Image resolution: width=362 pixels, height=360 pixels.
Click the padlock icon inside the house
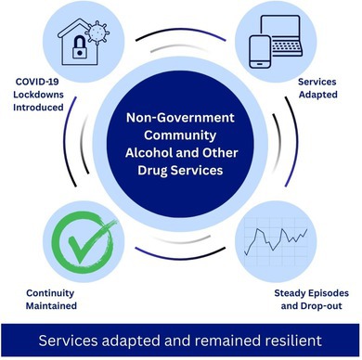coord(80,47)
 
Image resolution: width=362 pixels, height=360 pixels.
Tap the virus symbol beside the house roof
coord(97,32)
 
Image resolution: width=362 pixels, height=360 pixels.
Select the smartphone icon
coord(260,52)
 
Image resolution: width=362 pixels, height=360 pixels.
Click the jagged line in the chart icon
coord(276,240)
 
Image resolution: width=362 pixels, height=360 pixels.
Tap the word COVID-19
coord(37,82)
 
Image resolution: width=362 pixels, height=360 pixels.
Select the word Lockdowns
coord(38,95)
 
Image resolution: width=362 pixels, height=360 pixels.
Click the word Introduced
coord(38,108)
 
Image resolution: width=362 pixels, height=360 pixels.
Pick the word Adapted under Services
coord(318,95)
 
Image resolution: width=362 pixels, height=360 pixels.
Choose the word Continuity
coord(50,293)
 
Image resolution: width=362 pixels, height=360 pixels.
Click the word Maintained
coord(51,306)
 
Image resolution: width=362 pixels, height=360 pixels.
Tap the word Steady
coord(290,293)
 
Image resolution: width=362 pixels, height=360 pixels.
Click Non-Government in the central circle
coord(180,118)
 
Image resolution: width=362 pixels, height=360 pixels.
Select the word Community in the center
coord(180,135)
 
